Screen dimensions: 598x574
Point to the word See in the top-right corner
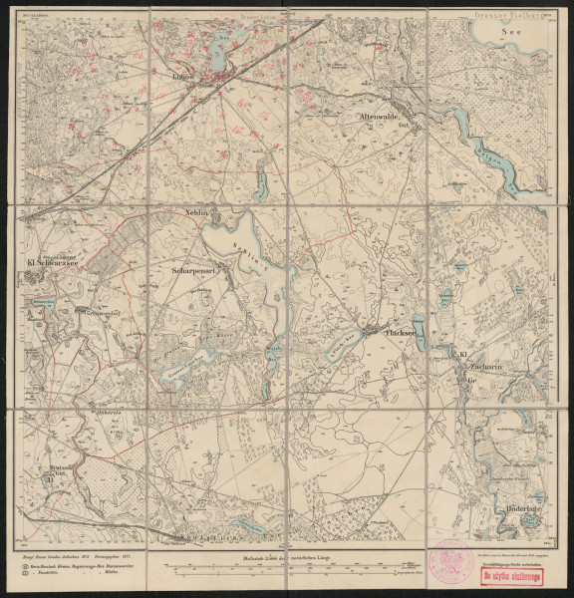pos(512,31)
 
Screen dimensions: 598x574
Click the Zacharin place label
pos(476,368)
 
